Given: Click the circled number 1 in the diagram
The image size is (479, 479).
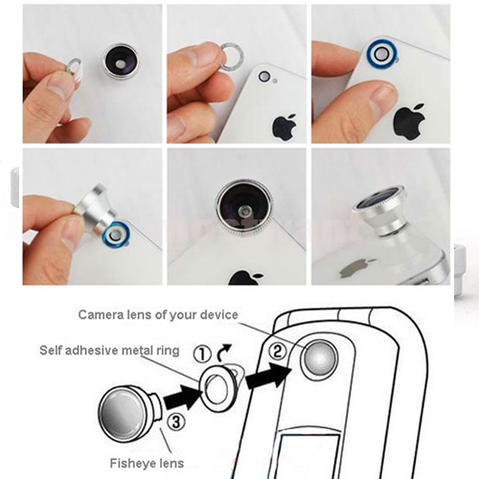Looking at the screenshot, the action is (202, 354).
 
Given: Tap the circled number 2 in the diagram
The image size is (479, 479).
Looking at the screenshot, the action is (278, 352).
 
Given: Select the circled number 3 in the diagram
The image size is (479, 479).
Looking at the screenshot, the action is (176, 422).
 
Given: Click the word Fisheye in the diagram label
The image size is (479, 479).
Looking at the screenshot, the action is (129, 463).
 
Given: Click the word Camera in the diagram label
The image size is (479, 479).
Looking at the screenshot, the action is (98, 315).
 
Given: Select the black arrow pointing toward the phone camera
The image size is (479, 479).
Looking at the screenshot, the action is (269, 376).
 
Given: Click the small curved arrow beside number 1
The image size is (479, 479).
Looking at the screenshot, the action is (223, 352).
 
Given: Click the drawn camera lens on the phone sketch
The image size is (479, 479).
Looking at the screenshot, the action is (320, 359).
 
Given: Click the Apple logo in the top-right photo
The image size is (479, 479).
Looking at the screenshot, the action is (409, 122).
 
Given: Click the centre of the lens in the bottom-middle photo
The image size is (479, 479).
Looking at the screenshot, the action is (244, 210).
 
